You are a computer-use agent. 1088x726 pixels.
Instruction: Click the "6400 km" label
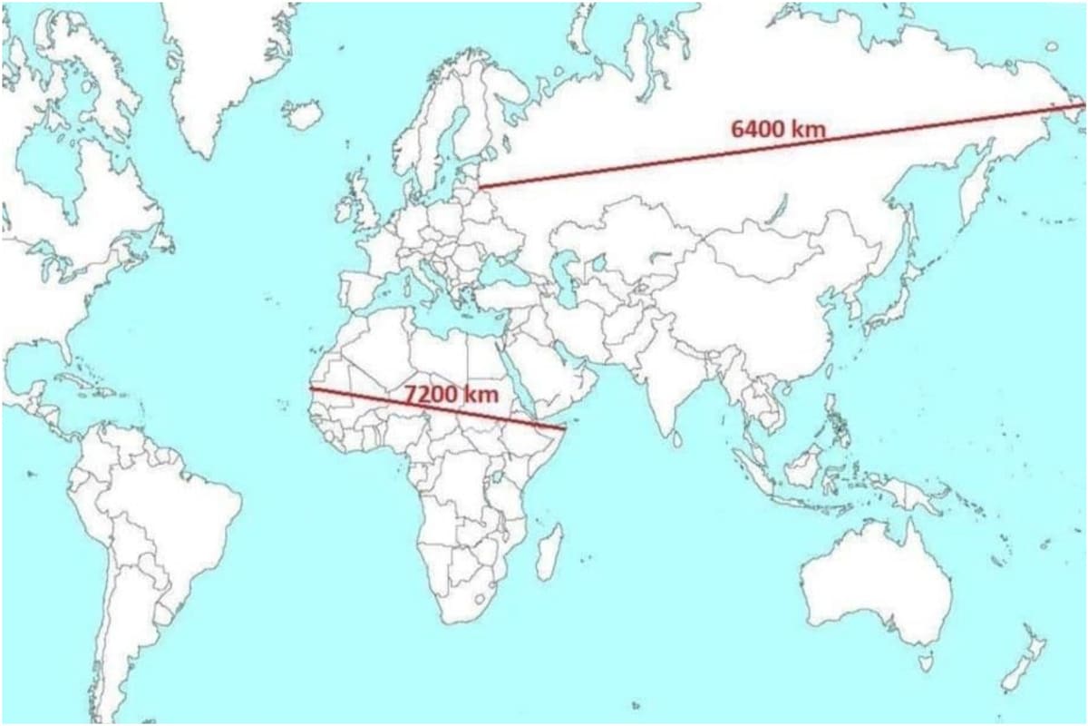tap(778, 129)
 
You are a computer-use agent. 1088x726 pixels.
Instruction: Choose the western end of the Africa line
tap(311, 389)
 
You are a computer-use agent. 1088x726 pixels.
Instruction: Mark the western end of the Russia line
tap(481, 186)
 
